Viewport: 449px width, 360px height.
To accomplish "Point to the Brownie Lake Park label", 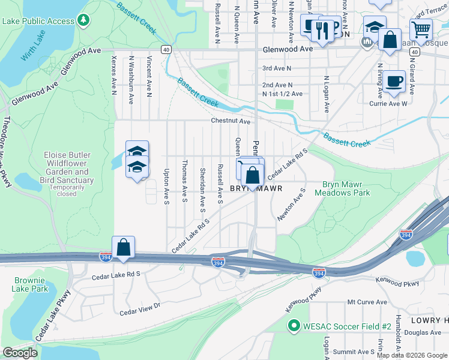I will tap(30, 284).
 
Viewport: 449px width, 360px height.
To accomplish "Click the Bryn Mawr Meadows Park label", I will tap(346, 188).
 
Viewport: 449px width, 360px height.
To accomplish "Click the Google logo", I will tap(20, 353).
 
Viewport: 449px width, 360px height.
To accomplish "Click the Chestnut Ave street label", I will tap(230, 121).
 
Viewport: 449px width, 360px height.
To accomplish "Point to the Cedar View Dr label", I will tap(140, 309).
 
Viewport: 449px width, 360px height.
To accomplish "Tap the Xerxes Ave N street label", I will tap(113, 77).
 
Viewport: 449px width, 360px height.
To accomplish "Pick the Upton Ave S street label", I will tap(166, 186).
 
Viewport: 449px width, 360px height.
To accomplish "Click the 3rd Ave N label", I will tap(277, 69).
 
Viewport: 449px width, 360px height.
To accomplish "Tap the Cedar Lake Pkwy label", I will tap(54, 316).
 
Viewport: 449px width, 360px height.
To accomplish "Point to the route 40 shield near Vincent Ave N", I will tap(166, 50).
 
